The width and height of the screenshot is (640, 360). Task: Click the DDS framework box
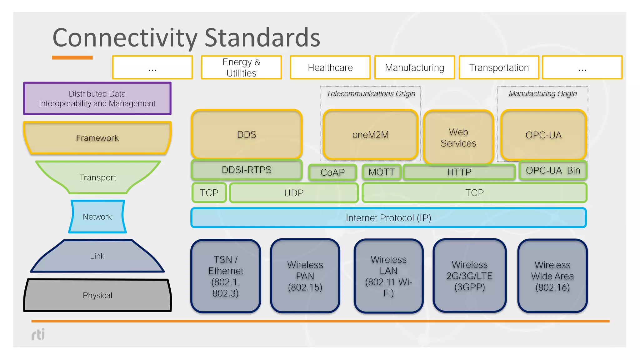[x=247, y=134]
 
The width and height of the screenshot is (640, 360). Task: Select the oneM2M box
[x=370, y=135]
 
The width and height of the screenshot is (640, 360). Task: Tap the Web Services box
[x=458, y=137]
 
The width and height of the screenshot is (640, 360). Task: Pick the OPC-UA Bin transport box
[x=553, y=170]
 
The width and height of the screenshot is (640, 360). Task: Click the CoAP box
[x=332, y=172]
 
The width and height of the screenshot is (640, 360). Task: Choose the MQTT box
[x=382, y=172]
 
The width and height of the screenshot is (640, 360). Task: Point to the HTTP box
[x=459, y=172]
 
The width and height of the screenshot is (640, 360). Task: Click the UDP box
[x=294, y=193]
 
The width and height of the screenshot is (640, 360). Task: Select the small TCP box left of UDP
[x=209, y=193]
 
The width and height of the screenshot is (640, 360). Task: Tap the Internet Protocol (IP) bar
[x=388, y=218]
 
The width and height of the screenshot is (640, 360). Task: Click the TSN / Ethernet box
[x=226, y=276]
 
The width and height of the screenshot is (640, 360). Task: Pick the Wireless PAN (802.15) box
[x=305, y=276]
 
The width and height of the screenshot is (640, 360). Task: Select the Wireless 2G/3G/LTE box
[x=469, y=276]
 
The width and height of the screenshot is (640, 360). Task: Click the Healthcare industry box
[x=330, y=67]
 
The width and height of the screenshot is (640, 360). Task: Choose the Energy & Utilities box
[x=241, y=67]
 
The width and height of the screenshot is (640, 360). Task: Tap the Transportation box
[x=499, y=67]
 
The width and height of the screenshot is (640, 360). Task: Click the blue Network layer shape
[x=97, y=217]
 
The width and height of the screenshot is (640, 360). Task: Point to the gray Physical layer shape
[x=97, y=295]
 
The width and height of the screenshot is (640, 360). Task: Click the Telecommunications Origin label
[x=371, y=93]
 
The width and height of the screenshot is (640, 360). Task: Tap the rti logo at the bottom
[x=38, y=334]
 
